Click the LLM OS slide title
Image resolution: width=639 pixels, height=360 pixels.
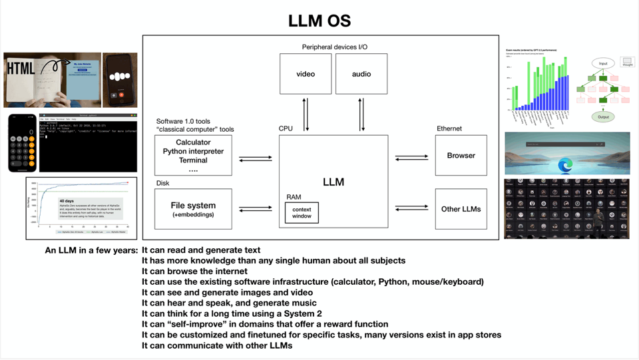319,21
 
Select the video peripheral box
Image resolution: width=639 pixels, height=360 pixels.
306,74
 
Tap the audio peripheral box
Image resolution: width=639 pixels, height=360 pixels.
361,74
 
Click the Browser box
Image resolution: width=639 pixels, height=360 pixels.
461,155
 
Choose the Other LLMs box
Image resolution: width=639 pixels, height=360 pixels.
461,209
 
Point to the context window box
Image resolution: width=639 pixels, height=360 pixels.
302,213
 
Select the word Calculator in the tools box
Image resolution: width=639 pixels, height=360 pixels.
193,142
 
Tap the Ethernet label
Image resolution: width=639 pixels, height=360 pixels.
449,128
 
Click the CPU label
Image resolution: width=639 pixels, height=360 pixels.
286,128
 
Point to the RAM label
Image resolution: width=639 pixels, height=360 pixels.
293,197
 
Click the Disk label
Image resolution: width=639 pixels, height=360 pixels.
162,183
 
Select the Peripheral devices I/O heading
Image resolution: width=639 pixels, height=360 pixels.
334,47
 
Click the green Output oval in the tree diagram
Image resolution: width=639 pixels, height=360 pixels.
603,117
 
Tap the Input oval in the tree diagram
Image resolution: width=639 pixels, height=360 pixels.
603,64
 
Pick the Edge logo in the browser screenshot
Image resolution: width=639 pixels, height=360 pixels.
565,164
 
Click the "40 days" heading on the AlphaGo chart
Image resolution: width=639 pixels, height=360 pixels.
67,201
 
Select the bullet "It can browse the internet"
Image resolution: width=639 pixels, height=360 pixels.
194,271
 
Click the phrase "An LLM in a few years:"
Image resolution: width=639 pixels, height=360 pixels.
91,250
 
